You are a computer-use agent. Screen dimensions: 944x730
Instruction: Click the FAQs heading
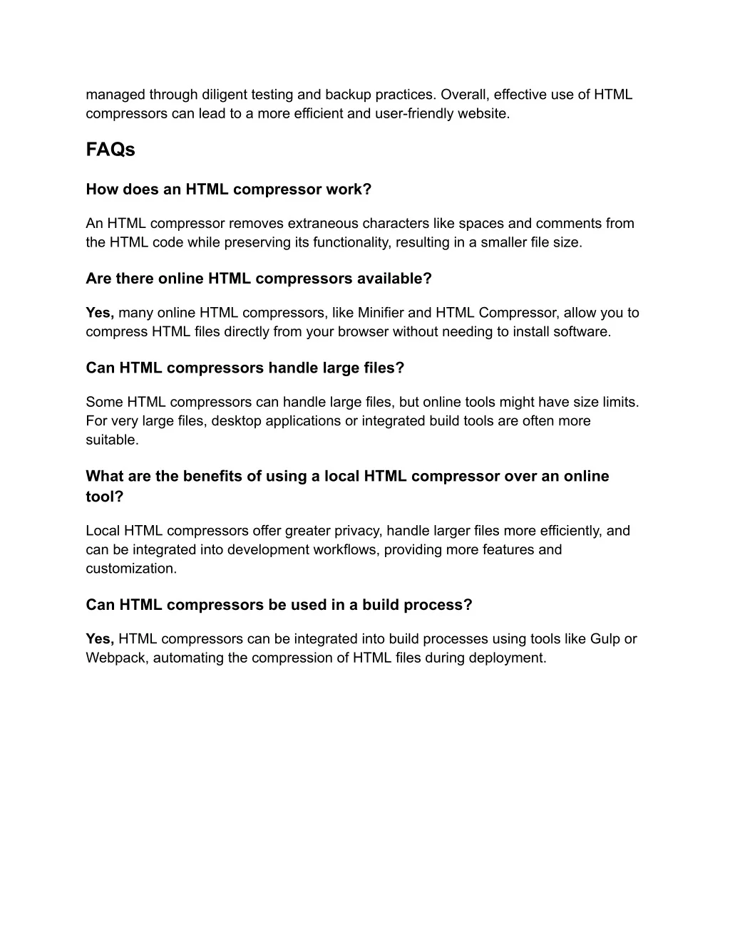point(110,150)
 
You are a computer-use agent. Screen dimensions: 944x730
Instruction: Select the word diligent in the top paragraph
point(227,95)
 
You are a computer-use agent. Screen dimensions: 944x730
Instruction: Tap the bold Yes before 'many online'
point(100,313)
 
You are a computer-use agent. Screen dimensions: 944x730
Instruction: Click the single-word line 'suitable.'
point(112,440)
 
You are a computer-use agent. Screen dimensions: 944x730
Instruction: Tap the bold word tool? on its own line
point(104,497)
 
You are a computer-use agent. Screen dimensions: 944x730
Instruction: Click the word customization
point(131,569)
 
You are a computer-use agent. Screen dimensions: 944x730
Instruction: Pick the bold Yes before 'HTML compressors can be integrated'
point(100,639)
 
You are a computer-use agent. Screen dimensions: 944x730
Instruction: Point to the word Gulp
point(605,639)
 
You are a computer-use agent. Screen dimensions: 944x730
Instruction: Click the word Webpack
point(117,658)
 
